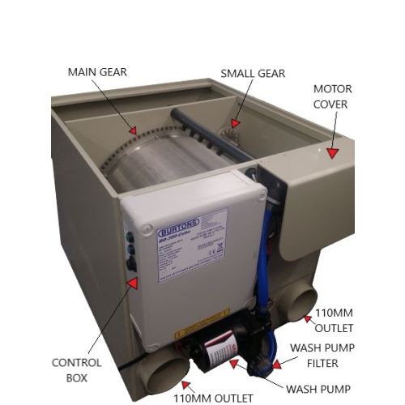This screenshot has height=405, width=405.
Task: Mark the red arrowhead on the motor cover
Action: pos(330,149)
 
